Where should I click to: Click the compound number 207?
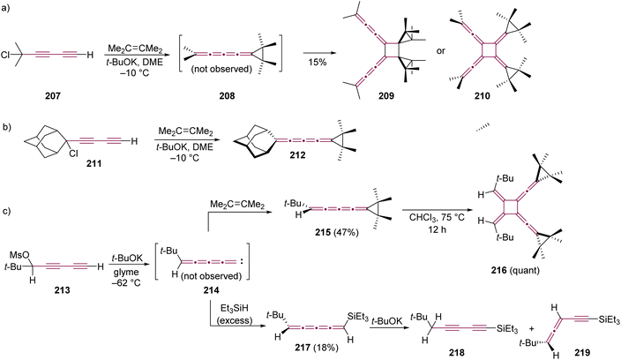pos(53,96)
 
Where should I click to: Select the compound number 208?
pos(227,96)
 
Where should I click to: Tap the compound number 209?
pos(385,96)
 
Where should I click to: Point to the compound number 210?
pos(482,96)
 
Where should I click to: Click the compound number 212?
pos(297,155)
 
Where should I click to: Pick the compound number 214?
pos(211,290)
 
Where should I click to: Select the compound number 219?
pos(582,352)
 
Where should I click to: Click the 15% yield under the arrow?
pos(318,63)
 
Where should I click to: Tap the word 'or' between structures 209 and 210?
pos(440,50)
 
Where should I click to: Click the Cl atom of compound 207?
pos(5,55)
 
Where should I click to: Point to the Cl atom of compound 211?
pos(73,154)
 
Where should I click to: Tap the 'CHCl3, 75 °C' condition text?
pos(437,217)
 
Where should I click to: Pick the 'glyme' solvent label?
pos(126,272)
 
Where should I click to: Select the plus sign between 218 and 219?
pos(532,329)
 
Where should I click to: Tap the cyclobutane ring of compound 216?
pos(511,207)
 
